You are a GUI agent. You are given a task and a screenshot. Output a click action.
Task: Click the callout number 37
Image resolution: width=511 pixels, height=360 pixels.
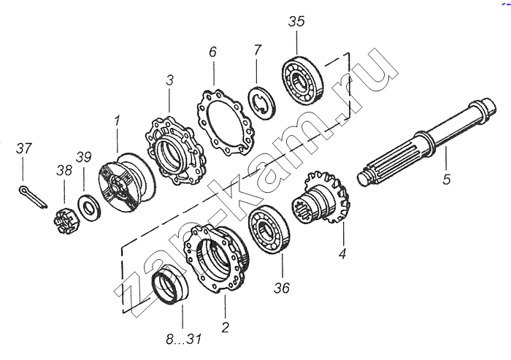pyautogui.click(x=24, y=149)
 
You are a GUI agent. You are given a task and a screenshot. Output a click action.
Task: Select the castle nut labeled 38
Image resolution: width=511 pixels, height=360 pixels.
pyautogui.click(x=66, y=223)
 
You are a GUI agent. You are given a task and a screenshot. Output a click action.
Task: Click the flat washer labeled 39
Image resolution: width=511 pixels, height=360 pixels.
pyautogui.click(x=89, y=207)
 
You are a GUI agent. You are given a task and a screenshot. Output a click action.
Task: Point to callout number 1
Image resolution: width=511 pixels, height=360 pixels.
pyautogui.click(x=116, y=120)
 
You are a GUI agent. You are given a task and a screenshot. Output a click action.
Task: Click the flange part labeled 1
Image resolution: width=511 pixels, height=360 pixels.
pyautogui.click(x=126, y=183)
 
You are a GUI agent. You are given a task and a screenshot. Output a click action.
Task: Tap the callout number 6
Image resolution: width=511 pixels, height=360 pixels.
pyautogui.click(x=212, y=52)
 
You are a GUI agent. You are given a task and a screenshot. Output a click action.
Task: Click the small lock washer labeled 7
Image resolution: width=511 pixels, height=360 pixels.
pyautogui.click(x=261, y=103)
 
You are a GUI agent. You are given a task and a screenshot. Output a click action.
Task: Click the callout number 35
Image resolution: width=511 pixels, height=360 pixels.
pyautogui.click(x=296, y=21)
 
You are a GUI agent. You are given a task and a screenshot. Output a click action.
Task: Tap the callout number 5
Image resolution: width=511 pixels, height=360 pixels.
pyautogui.click(x=446, y=180)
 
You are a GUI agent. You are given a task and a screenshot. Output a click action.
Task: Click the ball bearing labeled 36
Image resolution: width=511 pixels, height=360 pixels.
pyautogui.click(x=269, y=229)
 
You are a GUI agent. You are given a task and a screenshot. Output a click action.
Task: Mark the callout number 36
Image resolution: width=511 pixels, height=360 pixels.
pyautogui.click(x=282, y=288)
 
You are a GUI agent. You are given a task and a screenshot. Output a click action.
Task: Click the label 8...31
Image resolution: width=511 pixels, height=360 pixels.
pyautogui.click(x=184, y=339)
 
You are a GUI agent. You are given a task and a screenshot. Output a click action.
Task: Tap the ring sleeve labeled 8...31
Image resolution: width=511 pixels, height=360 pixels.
pyautogui.click(x=171, y=284)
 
